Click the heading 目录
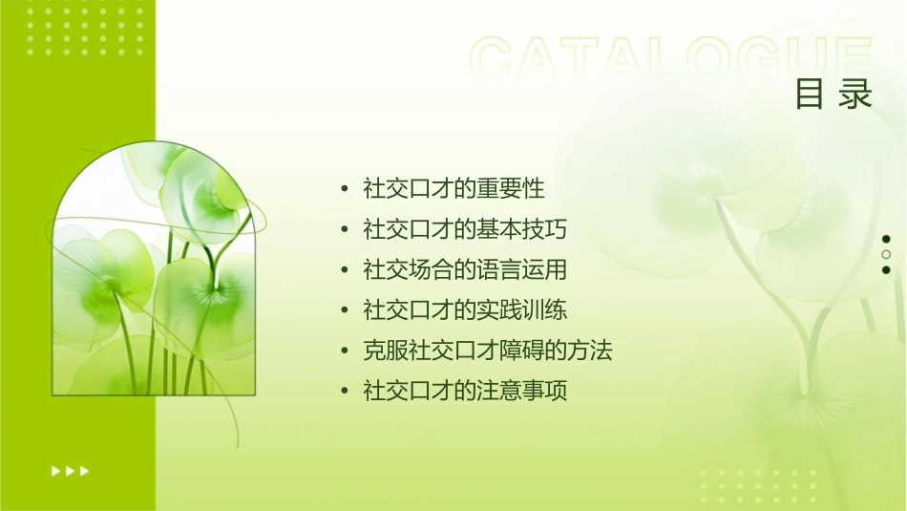pos(833,95)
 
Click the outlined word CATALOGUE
pos(671,59)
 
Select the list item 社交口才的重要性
pos(453,188)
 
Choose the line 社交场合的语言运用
pos(465,269)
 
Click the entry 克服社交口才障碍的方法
pos(487,351)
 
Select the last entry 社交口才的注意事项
pos(465,392)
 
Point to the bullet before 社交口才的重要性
pos(345,189)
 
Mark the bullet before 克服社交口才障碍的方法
pos(345,351)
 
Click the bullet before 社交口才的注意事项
pos(345,392)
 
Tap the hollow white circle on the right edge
pos(886,254)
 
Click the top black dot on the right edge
pos(886,239)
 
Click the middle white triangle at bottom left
pos(70,470)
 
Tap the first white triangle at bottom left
pos(55,470)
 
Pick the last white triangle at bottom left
pos(85,470)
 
